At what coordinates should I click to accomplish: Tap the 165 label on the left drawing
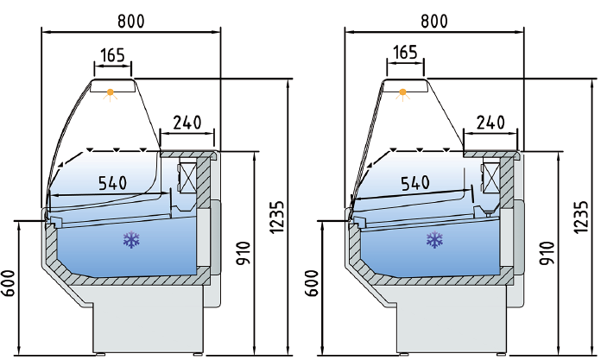pos(113,55)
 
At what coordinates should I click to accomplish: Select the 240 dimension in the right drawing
pos(490,123)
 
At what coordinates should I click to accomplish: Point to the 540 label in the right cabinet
pos(414,183)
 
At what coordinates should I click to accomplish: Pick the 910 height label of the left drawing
pos(243,252)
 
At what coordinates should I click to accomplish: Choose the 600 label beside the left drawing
pos(10,285)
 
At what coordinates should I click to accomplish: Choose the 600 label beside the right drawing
pos(313,285)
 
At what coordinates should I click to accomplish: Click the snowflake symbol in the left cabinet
pos(131,241)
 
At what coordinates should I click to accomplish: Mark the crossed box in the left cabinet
pos(187,176)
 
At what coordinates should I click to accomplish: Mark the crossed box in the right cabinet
pos(491,177)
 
